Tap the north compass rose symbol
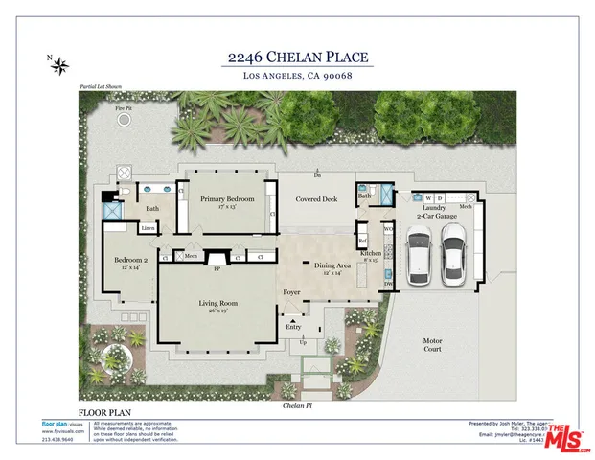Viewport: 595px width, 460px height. tap(60, 65)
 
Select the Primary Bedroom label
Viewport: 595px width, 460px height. tap(227, 200)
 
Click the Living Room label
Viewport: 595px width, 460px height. tap(218, 306)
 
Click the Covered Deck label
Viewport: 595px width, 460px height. tap(316, 199)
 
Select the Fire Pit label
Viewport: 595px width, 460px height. tap(123, 109)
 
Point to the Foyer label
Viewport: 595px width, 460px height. tap(291, 291)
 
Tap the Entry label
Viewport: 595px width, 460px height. tap(293, 327)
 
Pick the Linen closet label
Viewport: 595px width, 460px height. tap(148, 228)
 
